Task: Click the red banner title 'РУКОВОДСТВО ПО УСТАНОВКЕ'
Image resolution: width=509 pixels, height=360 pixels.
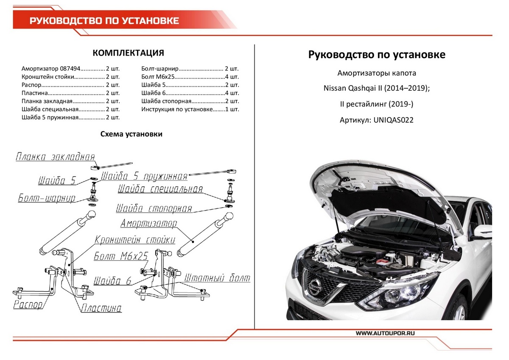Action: pyautogui.click(x=104, y=21)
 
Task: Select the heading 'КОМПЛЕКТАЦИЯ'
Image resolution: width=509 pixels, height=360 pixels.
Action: pyautogui.click(x=128, y=53)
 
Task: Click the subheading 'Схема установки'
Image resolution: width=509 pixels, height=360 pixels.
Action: pyautogui.click(x=131, y=134)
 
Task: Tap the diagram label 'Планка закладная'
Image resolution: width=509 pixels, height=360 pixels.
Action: pyautogui.click(x=55, y=157)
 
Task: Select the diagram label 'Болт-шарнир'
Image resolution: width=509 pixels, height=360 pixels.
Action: pyautogui.click(x=47, y=198)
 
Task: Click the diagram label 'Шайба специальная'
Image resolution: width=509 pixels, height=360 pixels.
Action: pyautogui.click(x=160, y=189)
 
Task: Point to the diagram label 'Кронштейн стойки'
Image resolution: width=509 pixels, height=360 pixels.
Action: pyautogui.click(x=135, y=240)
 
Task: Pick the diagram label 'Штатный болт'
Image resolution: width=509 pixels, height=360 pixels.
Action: pyautogui.click(x=217, y=278)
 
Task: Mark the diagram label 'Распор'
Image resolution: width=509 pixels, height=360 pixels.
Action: pyautogui.click(x=28, y=305)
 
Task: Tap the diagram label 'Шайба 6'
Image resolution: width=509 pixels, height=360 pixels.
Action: pyautogui.click(x=112, y=281)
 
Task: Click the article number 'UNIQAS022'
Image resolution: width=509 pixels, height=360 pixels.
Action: pyautogui.click(x=393, y=120)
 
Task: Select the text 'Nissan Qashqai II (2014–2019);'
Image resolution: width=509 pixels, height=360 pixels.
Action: pyautogui.click(x=377, y=89)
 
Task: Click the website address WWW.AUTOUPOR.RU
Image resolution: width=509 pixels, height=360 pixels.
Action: pyautogui.click(x=385, y=334)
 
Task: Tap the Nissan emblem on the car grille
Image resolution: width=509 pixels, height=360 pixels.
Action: pyautogui.click(x=314, y=287)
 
